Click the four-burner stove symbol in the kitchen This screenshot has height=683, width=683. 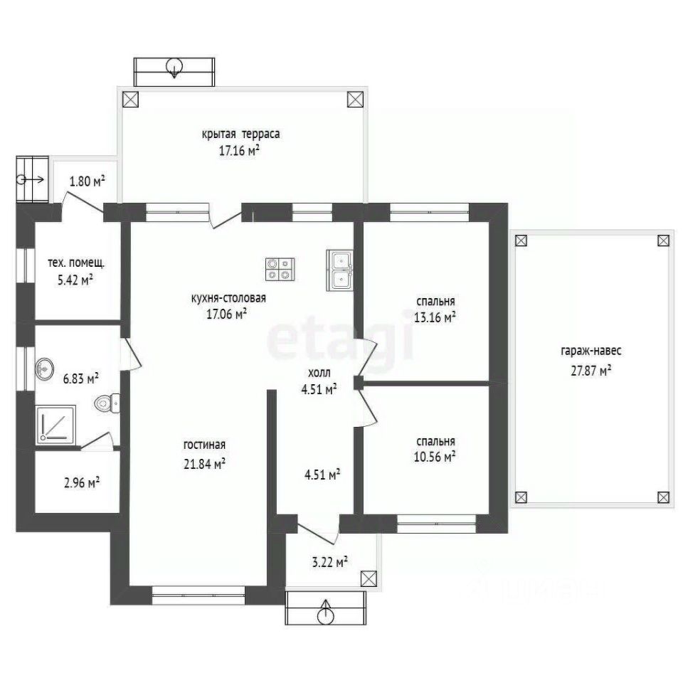[280, 269]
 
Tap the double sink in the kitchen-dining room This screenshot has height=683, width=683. [340, 270]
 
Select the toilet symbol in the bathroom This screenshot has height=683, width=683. [107, 403]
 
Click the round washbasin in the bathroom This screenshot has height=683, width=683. [44, 369]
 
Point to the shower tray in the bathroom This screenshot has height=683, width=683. [56, 425]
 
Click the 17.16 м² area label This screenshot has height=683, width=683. [239, 151]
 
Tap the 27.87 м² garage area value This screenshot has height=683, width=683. [591, 371]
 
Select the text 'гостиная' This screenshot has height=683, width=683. [204, 445]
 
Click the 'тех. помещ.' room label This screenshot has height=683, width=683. [76, 263]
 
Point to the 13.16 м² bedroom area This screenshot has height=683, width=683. [435, 317]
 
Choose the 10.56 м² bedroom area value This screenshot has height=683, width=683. [435, 457]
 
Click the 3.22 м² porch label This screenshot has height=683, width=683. [329, 562]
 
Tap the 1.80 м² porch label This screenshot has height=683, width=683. [87, 181]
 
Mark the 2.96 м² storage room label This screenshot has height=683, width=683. [82, 482]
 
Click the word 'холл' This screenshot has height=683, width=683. [319, 373]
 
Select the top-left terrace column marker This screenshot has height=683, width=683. [130, 100]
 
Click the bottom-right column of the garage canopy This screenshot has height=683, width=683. [663, 497]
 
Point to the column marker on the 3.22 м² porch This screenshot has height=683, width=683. [369, 579]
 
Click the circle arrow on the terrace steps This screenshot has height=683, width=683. [174, 68]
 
